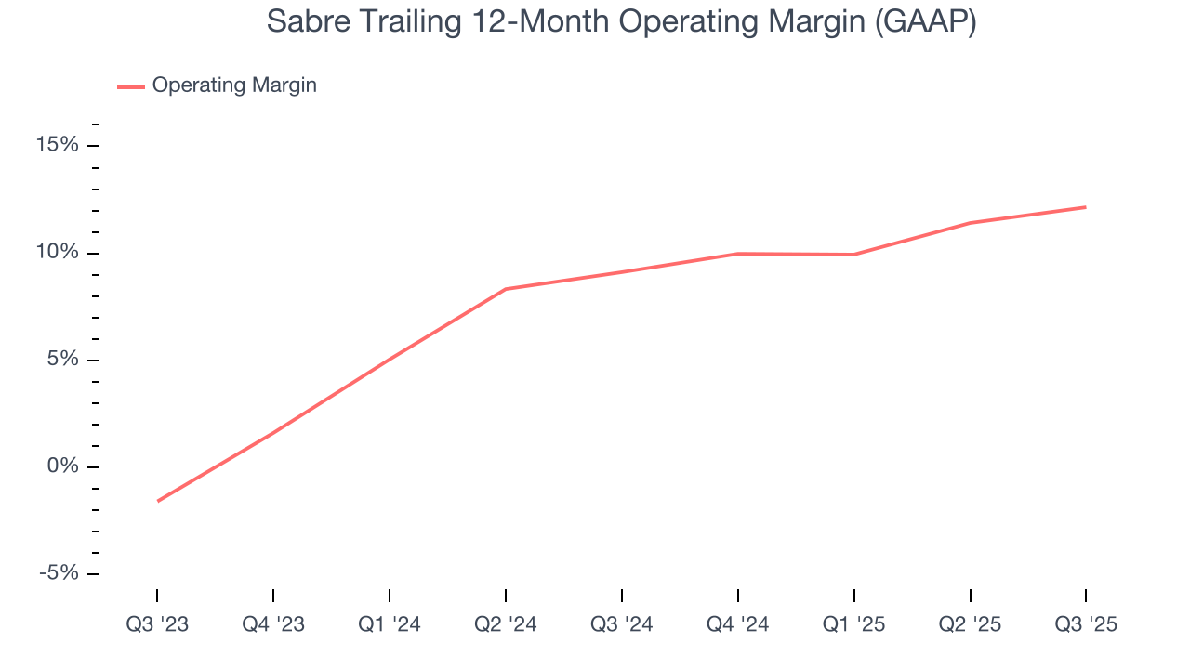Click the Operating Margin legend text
[x=234, y=85]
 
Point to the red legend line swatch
[x=130, y=86]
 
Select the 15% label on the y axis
[x=58, y=146]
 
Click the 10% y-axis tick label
[x=58, y=253]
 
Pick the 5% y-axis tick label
[x=63, y=360]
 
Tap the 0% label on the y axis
[x=63, y=466]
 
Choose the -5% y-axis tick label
[x=59, y=573]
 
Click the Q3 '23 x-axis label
[x=157, y=624]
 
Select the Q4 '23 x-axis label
[x=273, y=624]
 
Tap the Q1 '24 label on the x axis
[x=390, y=624]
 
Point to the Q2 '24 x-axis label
[x=506, y=624]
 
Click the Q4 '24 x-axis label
[x=738, y=624]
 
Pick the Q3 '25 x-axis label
[x=1086, y=624]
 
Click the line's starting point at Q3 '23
[x=157, y=501]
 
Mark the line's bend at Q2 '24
[x=506, y=289]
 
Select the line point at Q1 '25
[x=854, y=255]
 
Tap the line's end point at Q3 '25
[x=1086, y=207]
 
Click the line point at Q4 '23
[x=273, y=432]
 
